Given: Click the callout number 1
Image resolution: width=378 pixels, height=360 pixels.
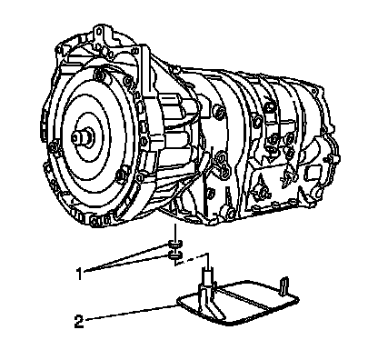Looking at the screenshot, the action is pyautogui.click(x=79, y=274).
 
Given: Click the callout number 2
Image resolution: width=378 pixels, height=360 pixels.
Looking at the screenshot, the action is pyautogui.click(x=79, y=321).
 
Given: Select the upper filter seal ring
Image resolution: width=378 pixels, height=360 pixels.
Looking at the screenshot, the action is pyautogui.click(x=175, y=244).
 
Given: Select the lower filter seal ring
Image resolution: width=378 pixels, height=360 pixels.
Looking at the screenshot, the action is pyautogui.click(x=175, y=255).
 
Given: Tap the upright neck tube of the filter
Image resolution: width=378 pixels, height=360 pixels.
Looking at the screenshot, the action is pyautogui.click(x=208, y=275).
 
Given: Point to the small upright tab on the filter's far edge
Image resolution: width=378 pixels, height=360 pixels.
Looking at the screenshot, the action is pyautogui.click(x=284, y=285).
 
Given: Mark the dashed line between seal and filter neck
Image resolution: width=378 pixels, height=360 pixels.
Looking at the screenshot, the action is pyautogui.click(x=192, y=260).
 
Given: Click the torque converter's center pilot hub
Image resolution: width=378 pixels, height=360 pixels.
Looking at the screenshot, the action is pyautogui.click(x=83, y=137).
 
